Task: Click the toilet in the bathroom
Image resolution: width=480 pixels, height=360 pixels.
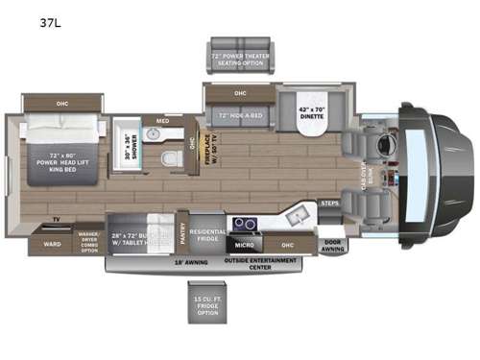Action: coord(170,157)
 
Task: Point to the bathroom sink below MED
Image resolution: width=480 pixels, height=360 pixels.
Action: coord(164,133)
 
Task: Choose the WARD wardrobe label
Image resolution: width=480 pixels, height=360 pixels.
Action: coord(52,244)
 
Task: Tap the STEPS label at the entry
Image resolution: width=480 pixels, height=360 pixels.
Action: coord(330,204)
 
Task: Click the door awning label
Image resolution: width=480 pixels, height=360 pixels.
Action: coord(332,246)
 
